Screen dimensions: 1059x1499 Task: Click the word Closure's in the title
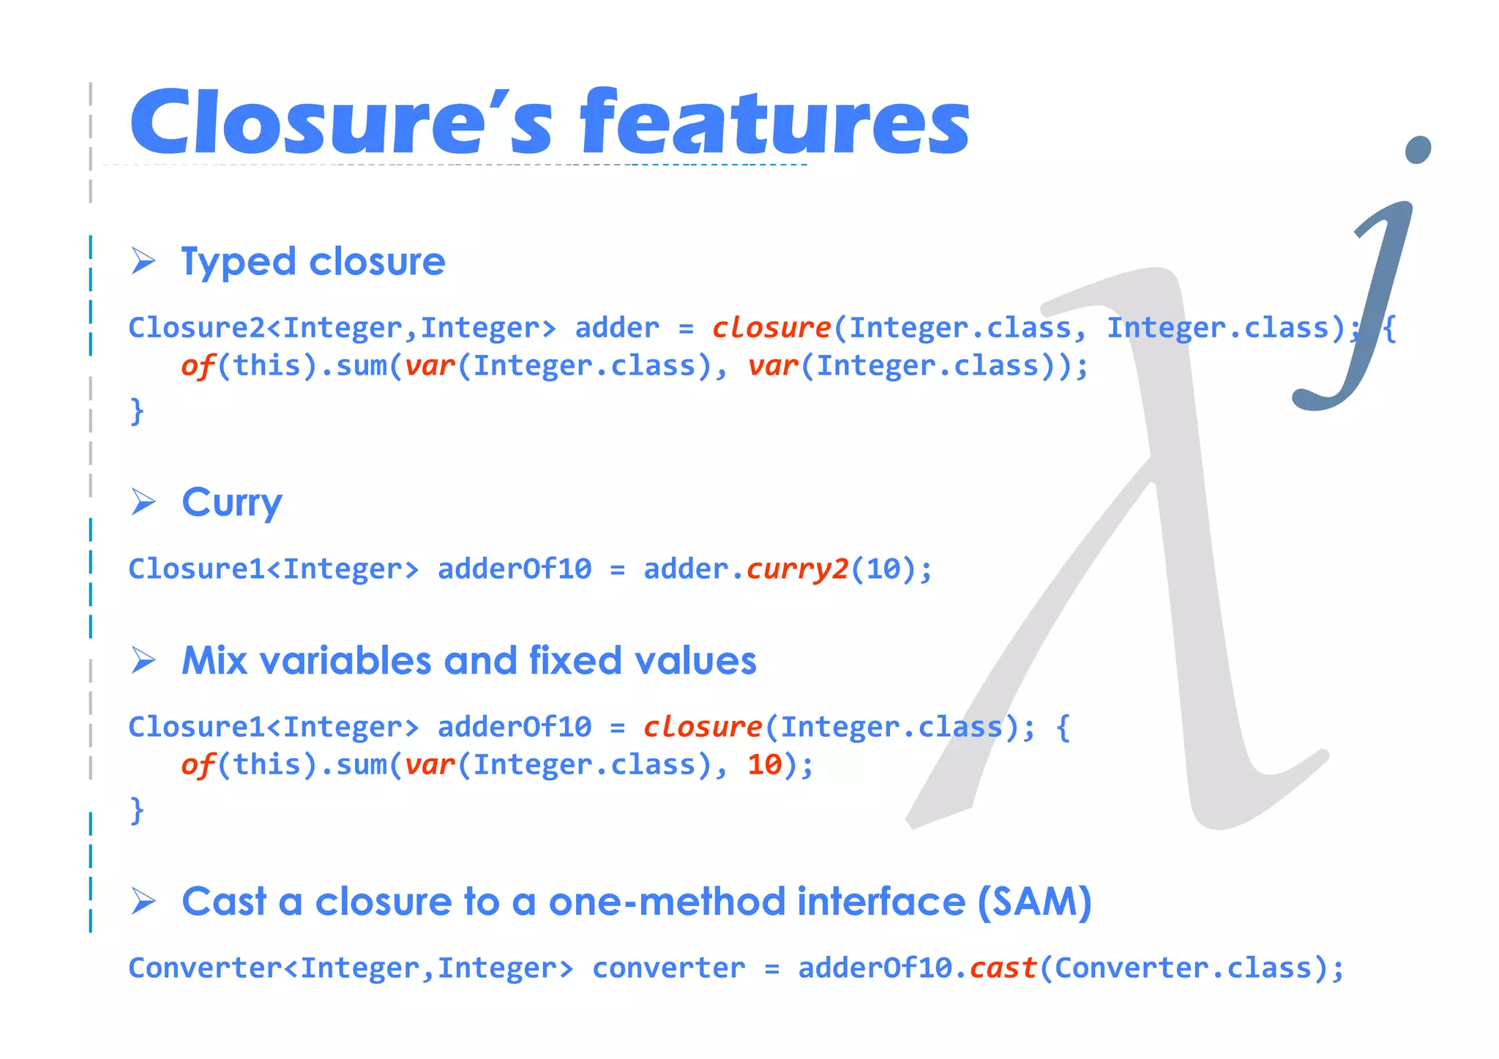(340, 122)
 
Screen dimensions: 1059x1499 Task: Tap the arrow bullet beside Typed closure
(143, 261)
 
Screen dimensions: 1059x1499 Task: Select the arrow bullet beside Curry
(143, 502)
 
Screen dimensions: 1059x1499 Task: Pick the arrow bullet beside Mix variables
(143, 660)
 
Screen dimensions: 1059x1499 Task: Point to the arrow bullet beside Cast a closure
(143, 901)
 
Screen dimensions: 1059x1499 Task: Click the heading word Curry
(231, 503)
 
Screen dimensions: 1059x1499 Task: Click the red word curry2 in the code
(797, 569)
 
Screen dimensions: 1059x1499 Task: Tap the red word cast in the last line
(1003, 968)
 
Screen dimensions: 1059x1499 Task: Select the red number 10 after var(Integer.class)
(765, 765)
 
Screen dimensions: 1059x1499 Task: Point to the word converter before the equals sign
(668, 968)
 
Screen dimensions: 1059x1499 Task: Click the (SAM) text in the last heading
(1034, 902)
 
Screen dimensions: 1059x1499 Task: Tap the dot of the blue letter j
(1418, 150)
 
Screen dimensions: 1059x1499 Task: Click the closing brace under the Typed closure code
(137, 411)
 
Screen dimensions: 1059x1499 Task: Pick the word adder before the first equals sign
(617, 328)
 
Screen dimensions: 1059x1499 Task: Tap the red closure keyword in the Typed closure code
(771, 328)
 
